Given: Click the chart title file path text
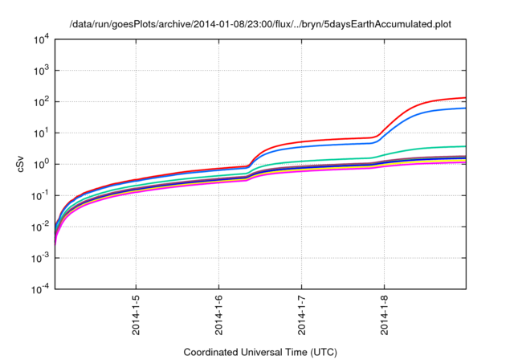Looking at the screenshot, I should coord(261,24).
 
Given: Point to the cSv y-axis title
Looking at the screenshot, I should coord(22,164).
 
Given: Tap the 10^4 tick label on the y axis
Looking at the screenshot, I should coord(43,39).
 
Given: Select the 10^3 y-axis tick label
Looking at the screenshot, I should coord(43,70).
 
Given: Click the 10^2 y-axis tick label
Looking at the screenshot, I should coord(43,101).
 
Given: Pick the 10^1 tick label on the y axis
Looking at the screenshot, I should coord(43,133).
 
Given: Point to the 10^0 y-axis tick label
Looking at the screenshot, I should coord(43,164).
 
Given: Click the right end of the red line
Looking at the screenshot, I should coord(465,98).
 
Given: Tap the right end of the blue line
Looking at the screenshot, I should coord(465,108).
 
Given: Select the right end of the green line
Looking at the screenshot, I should coord(465,146).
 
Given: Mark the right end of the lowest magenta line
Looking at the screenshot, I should coord(465,162).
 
